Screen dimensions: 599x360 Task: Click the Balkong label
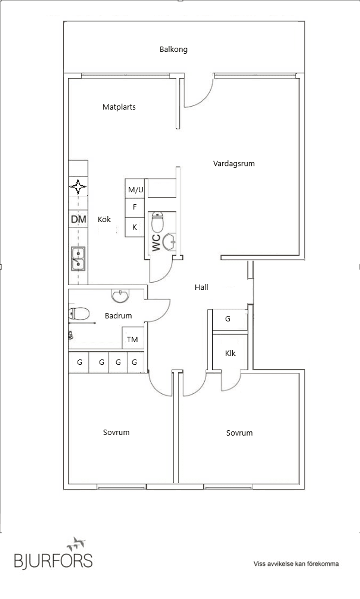[173, 49]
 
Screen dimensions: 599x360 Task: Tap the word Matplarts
[119, 107]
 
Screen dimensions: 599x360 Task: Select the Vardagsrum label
[234, 163]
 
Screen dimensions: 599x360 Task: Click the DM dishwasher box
[78, 219]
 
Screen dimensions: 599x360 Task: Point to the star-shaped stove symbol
[78, 187]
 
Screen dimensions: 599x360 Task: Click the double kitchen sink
[78, 259]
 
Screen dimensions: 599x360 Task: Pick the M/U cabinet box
[135, 189]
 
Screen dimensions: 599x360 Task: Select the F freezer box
[135, 207]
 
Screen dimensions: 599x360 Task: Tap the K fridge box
[135, 227]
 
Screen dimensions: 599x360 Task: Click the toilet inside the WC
[157, 222]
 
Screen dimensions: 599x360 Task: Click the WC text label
[156, 243]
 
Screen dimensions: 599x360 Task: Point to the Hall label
[201, 288]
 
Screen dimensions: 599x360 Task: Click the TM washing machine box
[132, 340]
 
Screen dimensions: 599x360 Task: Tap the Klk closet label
[230, 353]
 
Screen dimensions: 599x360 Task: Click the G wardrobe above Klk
[228, 319]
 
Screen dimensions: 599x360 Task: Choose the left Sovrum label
[116, 433]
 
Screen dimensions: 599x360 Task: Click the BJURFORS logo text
[53, 560]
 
